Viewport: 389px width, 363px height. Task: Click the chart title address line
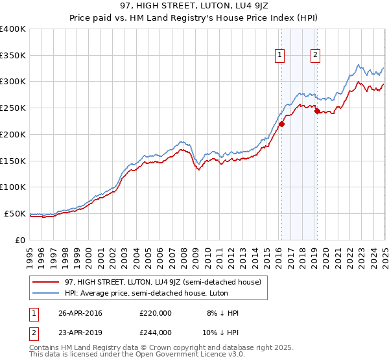tap(194, 6)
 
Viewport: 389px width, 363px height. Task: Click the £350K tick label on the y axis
tap(13, 56)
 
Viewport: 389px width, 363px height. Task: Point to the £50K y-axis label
tap(15, 213)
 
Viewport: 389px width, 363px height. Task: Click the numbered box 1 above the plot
tap(280, 55)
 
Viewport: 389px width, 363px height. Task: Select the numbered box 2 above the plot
tap(315, 55)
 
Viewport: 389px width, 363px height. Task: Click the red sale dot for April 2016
tap(281, 124)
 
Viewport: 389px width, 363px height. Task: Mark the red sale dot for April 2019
tap(317, 111)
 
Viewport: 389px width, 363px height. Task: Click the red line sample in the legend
tap(45, 282)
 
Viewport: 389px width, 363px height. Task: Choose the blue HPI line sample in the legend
tap(45, 293)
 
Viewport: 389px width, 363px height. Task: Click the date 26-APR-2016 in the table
tap(80, 313)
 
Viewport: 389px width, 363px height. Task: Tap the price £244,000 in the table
tap(155, 332)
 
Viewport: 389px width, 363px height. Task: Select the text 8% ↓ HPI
tap(222, 313)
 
